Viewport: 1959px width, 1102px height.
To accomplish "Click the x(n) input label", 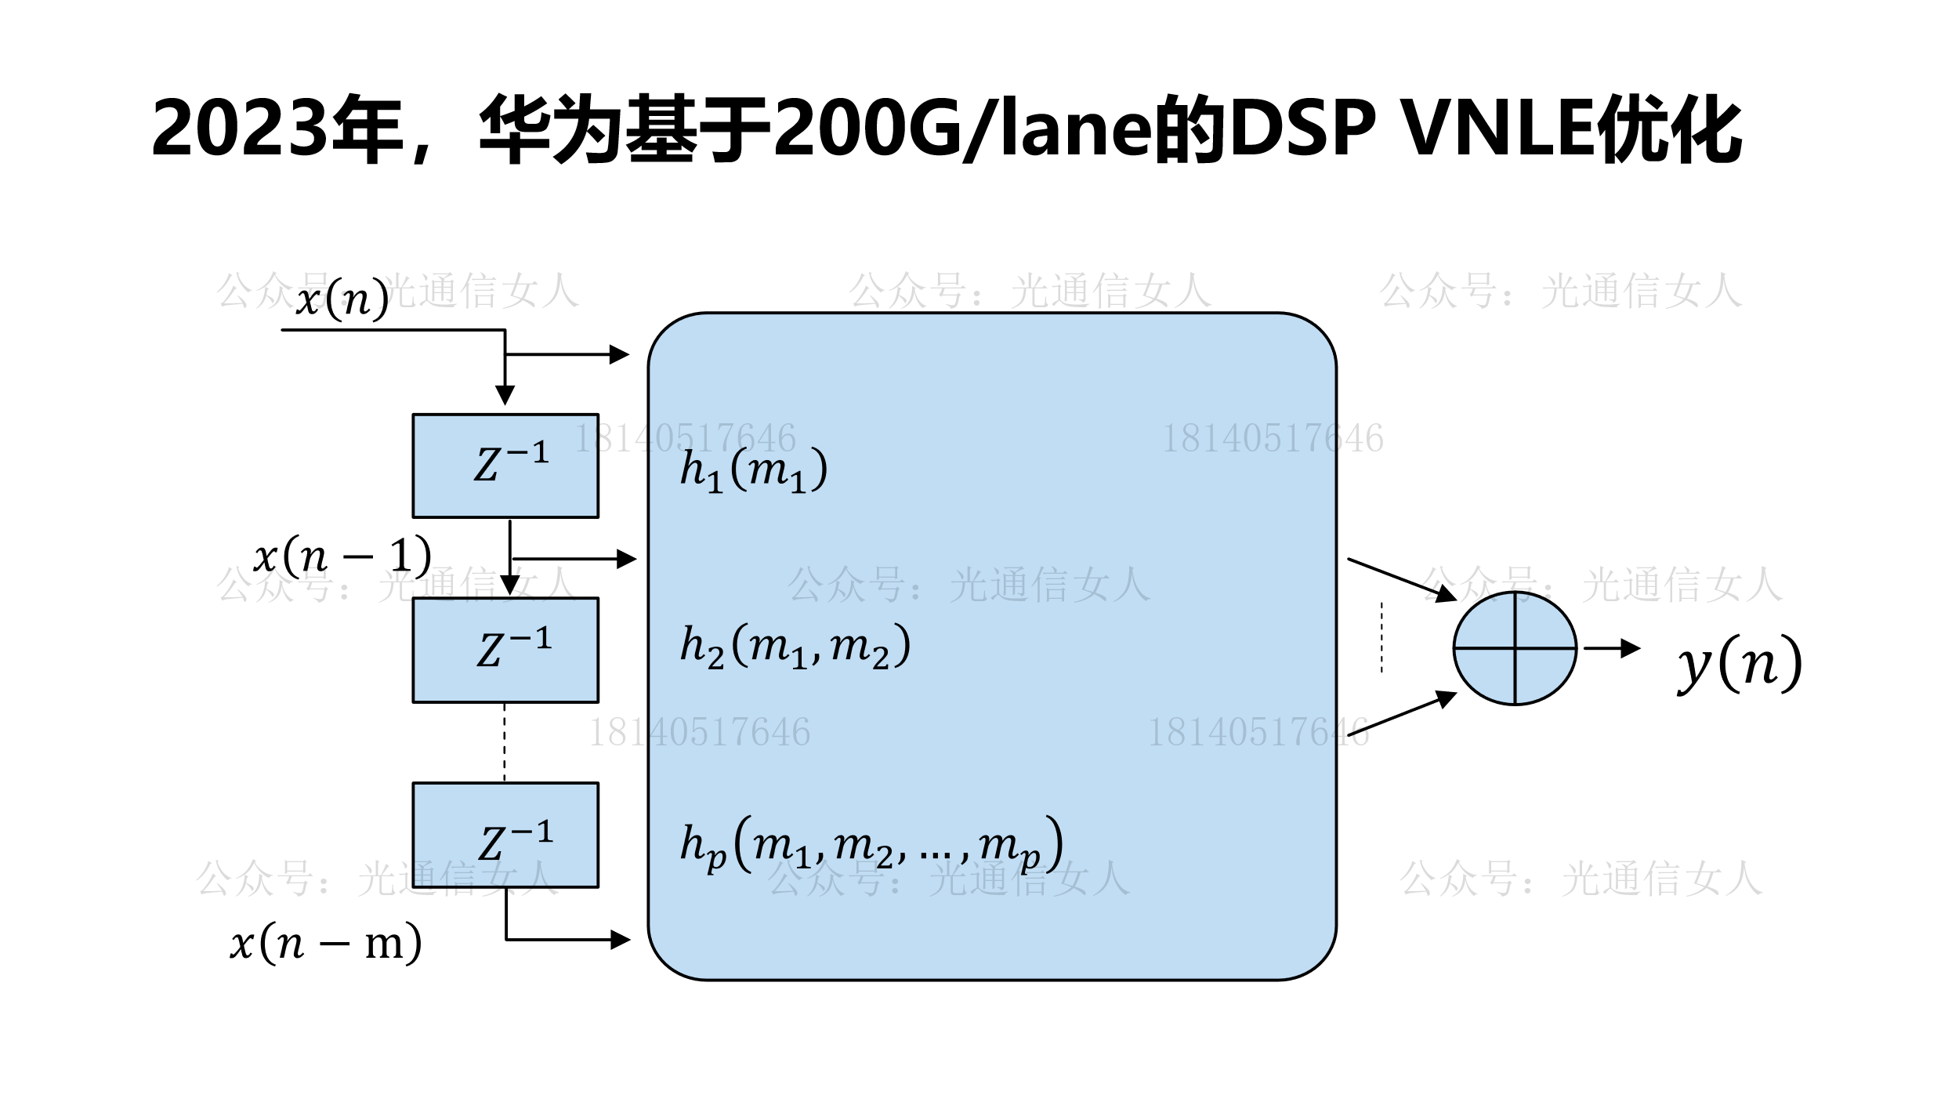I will tap(342, 299).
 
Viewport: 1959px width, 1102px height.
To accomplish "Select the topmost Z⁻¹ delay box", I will tap(505, 466).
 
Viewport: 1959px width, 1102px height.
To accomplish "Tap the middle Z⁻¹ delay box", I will tap(505, 650).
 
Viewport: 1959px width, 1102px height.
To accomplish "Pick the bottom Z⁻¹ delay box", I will tap(505, 835).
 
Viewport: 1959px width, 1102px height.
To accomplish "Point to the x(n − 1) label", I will tap(342, 556).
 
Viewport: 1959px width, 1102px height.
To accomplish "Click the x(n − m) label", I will tap(326, 942).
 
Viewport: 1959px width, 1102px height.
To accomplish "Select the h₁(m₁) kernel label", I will tap(753, 470).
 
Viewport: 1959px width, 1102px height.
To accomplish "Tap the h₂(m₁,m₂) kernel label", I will tap(795, 647).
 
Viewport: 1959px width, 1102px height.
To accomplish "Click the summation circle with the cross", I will tap(1514, 648).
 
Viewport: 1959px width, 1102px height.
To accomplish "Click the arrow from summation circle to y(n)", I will tap(1610, 648).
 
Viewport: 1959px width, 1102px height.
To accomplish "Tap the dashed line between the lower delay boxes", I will tap(504, 742).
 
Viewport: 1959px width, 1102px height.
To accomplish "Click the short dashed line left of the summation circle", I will tap(1381, 637).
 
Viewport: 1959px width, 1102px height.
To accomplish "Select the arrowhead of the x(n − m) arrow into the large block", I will tap(621, 939).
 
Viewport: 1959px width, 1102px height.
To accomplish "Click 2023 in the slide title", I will tap(238, 129).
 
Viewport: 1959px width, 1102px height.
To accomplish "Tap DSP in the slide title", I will tap(1302, 129).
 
